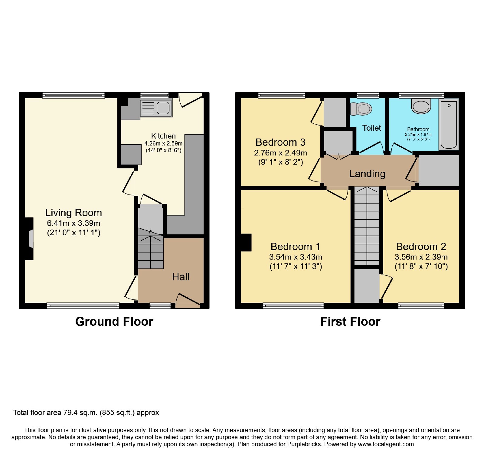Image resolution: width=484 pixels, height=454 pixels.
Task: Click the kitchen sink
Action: [x=156, y=108]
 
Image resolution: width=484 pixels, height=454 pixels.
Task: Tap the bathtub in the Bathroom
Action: [x=449, y=125]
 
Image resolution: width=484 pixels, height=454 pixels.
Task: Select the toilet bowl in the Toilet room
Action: [x=361, y=109]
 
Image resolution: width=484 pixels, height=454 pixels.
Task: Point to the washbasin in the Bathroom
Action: [x=421, y=106]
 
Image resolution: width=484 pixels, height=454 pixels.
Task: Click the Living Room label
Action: [x=74, y=213]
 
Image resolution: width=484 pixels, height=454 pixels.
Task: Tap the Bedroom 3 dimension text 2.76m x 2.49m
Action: [x=280, y=153]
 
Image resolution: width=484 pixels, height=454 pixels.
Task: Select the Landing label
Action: [x=367, y=174]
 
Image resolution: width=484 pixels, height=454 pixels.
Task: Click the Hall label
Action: [x=181, y=276]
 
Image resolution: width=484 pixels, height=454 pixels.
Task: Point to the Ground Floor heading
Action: [x=114, y=322]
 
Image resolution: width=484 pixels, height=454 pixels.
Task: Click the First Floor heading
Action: [x=350, y=322]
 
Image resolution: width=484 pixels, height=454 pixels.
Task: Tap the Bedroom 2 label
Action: [x=421, y=247]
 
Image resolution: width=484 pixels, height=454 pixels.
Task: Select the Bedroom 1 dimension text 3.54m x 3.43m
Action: [x=296, y=257]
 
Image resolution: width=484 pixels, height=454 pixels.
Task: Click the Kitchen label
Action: [x=163, y=136]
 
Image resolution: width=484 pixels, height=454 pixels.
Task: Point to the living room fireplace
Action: [x=29, y=239]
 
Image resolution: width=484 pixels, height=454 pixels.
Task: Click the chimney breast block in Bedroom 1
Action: [x=246, y=243]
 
